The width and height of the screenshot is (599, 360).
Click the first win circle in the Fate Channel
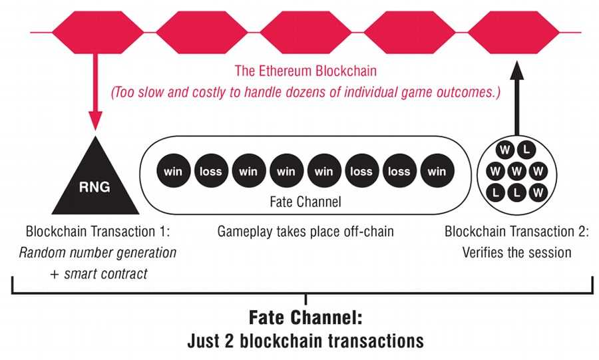point(172,171)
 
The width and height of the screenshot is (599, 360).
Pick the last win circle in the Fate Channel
point(437,171)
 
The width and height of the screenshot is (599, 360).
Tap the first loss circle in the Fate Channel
point(210,171)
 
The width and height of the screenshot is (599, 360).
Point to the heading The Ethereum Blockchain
point(305,70)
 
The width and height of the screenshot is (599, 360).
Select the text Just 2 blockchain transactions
point(305,341)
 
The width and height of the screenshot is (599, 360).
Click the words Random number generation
point(98,253)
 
